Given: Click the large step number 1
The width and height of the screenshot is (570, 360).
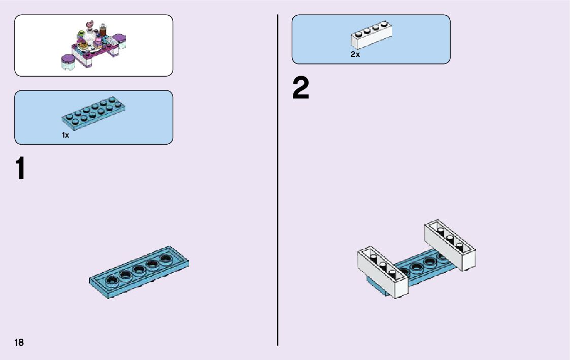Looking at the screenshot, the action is pos(19,169).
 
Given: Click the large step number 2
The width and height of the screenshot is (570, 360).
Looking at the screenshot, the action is pos(300,89).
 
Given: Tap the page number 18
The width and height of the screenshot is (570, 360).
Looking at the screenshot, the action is pos(19,342).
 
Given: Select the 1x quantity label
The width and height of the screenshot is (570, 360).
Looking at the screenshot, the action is pos(65,135).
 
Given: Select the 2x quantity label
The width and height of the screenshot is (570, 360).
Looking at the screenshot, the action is pos(355,54).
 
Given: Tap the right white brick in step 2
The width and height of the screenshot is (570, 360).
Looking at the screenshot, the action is pos(450,245).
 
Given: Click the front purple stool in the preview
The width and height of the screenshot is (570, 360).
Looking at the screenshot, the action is pos(68,62).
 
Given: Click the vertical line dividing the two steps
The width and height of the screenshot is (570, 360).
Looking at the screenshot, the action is pos(278,180).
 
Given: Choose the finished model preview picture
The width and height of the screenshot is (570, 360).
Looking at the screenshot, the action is pos(94,45).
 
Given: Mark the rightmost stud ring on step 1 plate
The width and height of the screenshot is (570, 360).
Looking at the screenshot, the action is pos(165,258).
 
